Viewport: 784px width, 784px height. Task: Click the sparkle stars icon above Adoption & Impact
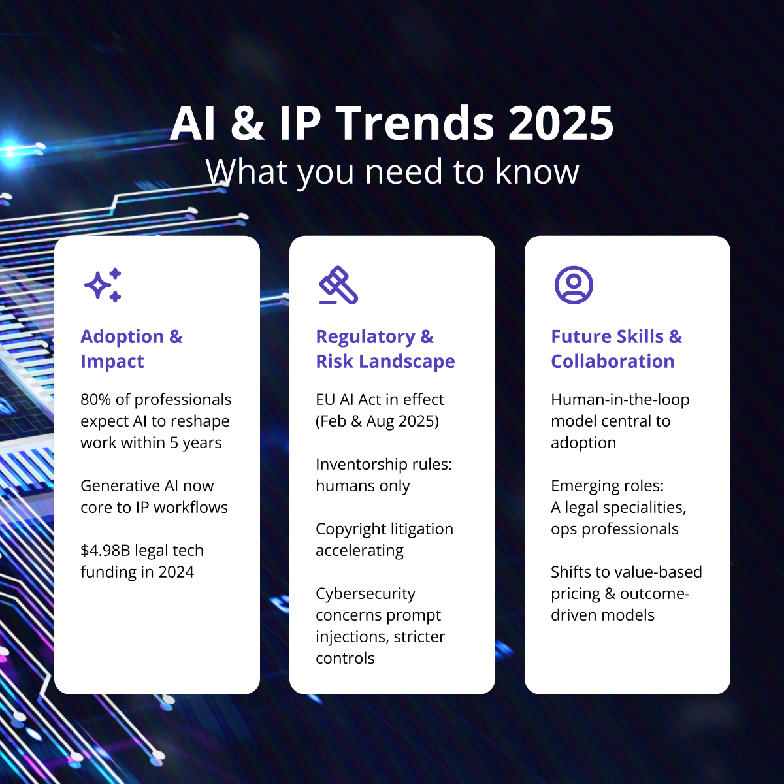click(x=103, y=285)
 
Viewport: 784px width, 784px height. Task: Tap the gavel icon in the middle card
click(x=338, y=286)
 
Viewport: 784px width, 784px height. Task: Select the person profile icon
click(x=574, y=285)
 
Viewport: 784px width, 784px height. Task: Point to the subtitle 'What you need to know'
click(x=392, y=172)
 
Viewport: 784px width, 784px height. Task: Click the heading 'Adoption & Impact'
click(x=131, y=349)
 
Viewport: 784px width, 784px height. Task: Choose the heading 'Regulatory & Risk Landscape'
click(x=385, y=349)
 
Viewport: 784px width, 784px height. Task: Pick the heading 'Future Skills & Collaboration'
click(x=616, y=349)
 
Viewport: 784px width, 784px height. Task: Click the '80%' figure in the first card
click(x=96, y=399)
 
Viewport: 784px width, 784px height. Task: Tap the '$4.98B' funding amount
click(x=105, y=551)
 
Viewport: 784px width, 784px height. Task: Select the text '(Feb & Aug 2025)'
click(x=377, y=421)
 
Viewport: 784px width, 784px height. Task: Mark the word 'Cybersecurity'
click(x=365, y=594)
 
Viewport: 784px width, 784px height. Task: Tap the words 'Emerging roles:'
click(x=607, y=486)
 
